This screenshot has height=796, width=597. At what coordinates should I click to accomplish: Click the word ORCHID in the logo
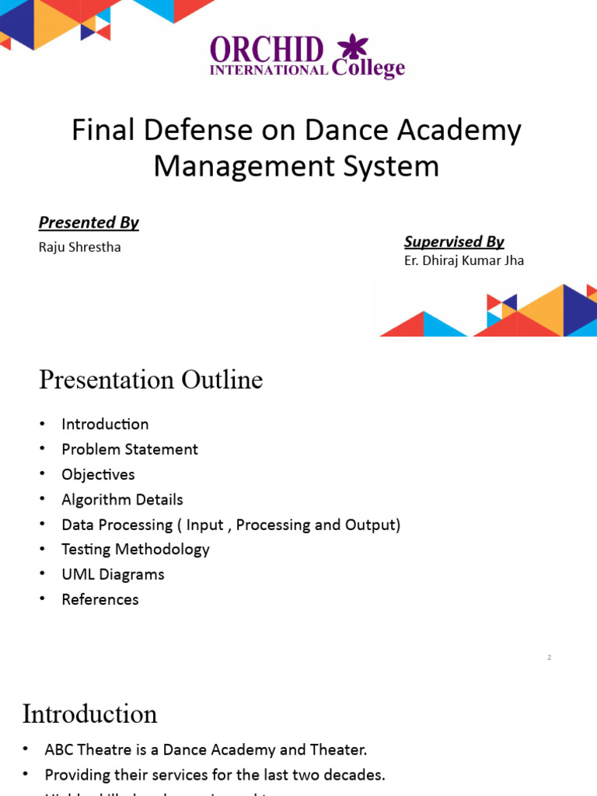pos(267,51)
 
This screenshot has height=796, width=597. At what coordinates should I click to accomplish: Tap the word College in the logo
pos(368,68)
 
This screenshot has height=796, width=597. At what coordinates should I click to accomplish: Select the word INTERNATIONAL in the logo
pos(269,70)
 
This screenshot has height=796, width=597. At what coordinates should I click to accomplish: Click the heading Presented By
pos(89,222)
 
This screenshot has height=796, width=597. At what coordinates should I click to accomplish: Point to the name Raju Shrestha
pos(80,247)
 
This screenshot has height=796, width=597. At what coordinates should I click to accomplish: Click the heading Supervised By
pos(454,241)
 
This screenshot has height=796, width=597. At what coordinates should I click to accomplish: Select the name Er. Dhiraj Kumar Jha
pos(464,260)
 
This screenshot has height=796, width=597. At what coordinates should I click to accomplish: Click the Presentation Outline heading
pos(151,380)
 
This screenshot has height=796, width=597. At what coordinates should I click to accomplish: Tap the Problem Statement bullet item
pos(130,449)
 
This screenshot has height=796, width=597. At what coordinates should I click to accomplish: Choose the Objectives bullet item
pos(98,474)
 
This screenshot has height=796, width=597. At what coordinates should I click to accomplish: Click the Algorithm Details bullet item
pos(122,499)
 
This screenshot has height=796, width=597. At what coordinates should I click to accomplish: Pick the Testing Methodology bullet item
pos(135,549)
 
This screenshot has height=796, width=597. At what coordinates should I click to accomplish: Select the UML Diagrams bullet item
pos(113,574)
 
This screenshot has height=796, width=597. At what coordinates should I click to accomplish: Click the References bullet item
pos(100,599)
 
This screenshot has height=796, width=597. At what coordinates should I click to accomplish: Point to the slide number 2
pos(549,658)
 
